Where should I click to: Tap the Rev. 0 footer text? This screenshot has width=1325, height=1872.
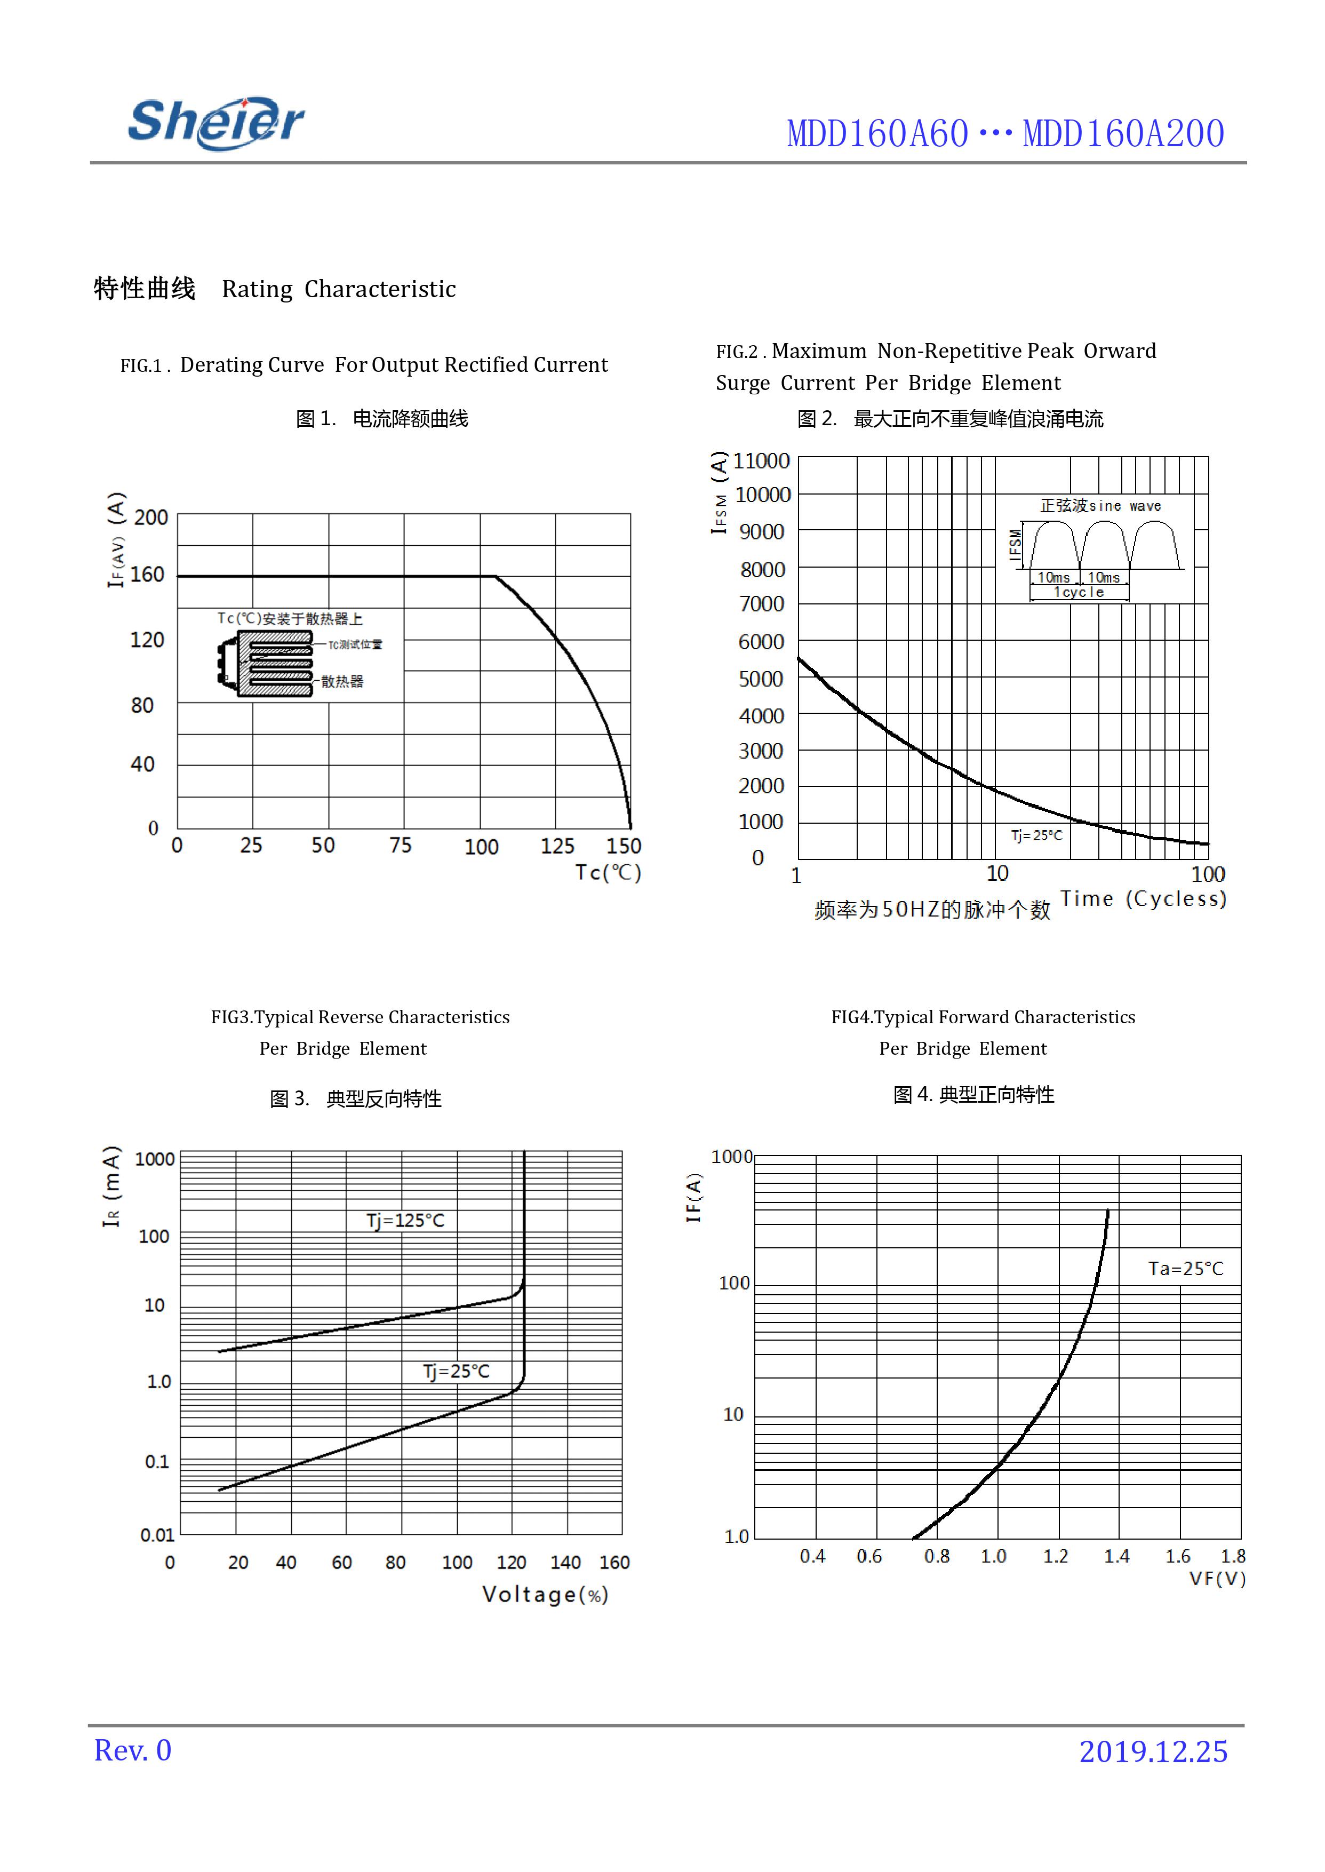(132, 1750)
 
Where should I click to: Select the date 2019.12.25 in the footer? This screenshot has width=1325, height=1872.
(1153, 1751)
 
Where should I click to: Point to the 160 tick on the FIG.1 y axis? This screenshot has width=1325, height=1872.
(148, 575)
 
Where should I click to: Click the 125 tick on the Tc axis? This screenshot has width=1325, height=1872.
(557, 846)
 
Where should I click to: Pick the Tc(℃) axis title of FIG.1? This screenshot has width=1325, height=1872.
(608, 872)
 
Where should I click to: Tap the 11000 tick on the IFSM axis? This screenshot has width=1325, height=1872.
(761, 461)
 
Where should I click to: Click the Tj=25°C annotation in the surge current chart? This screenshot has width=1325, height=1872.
(1037, 835)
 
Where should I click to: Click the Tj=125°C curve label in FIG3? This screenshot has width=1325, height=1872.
(405, 1220)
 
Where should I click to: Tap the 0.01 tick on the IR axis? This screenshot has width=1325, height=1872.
(157, 1535)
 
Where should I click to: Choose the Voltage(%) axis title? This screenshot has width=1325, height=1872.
(545, 1595)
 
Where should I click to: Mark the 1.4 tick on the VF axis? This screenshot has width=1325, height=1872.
(1116, 1556)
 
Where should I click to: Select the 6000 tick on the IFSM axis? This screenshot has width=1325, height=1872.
(761, 642)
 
